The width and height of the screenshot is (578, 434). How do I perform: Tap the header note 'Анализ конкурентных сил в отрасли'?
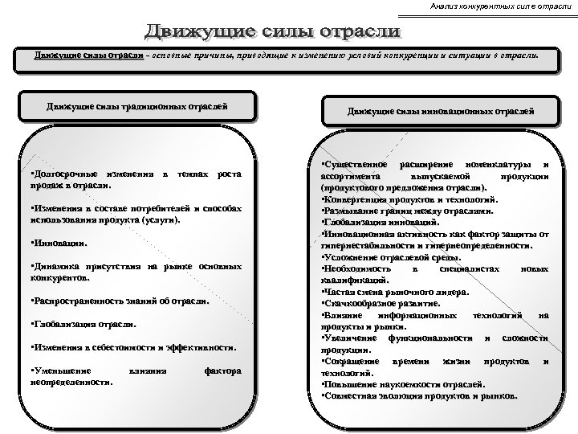500,7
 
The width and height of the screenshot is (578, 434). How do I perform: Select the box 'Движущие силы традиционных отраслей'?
136,105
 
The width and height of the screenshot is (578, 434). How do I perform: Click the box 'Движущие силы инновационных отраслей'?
440,110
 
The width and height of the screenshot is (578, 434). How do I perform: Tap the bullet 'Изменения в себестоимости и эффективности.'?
133,349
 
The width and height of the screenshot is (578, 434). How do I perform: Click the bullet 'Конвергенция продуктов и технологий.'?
409,198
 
